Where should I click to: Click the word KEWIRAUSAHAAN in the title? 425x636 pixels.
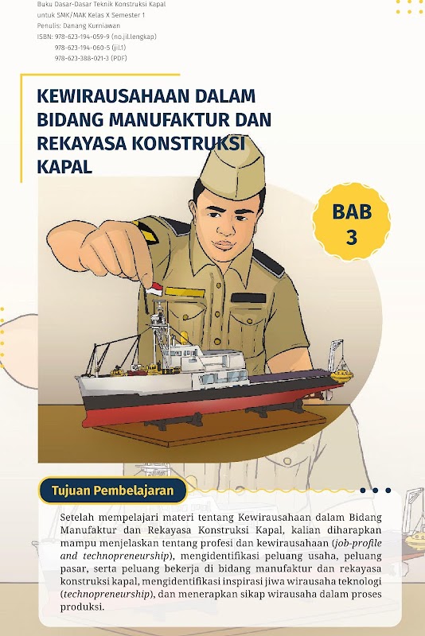click(113, 96)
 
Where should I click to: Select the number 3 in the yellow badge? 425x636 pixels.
click(352, 237)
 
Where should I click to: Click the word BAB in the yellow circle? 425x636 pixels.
click(352, 211)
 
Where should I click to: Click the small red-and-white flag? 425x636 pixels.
click(154, 289)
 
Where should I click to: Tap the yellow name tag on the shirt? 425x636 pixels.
click(180, 291)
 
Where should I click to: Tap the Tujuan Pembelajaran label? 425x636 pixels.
click(112, 491)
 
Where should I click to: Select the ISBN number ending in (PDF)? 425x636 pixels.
click(91, 58)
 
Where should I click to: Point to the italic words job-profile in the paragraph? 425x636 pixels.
click(357, 543)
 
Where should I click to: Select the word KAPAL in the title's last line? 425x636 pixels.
click(64, 167)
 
